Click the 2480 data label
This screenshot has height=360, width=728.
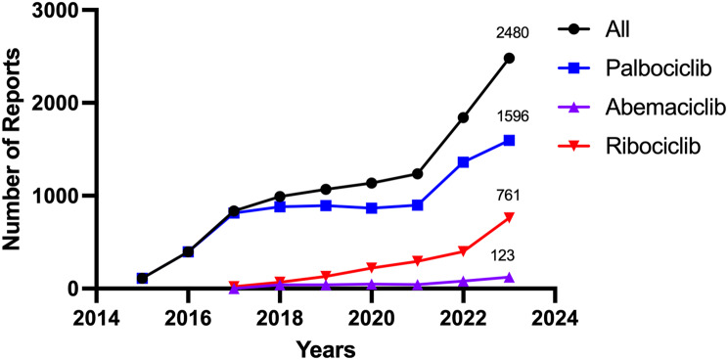tap(510, 33)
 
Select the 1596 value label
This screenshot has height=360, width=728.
tap(510, 117)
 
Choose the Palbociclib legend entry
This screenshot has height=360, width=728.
tap(637, 69)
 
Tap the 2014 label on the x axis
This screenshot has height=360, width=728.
tap(96, 320)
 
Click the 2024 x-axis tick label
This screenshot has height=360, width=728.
tap(555, 320)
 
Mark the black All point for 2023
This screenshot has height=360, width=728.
tap(509, 58)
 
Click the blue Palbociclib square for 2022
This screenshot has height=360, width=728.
tap(463, 162)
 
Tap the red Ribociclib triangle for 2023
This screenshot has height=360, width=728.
tap(509, 217)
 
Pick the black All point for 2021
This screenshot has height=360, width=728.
tap(418, 173)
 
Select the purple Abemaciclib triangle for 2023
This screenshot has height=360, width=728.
tap(509, 277)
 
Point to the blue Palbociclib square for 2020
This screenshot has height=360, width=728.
tap(372, 207)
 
